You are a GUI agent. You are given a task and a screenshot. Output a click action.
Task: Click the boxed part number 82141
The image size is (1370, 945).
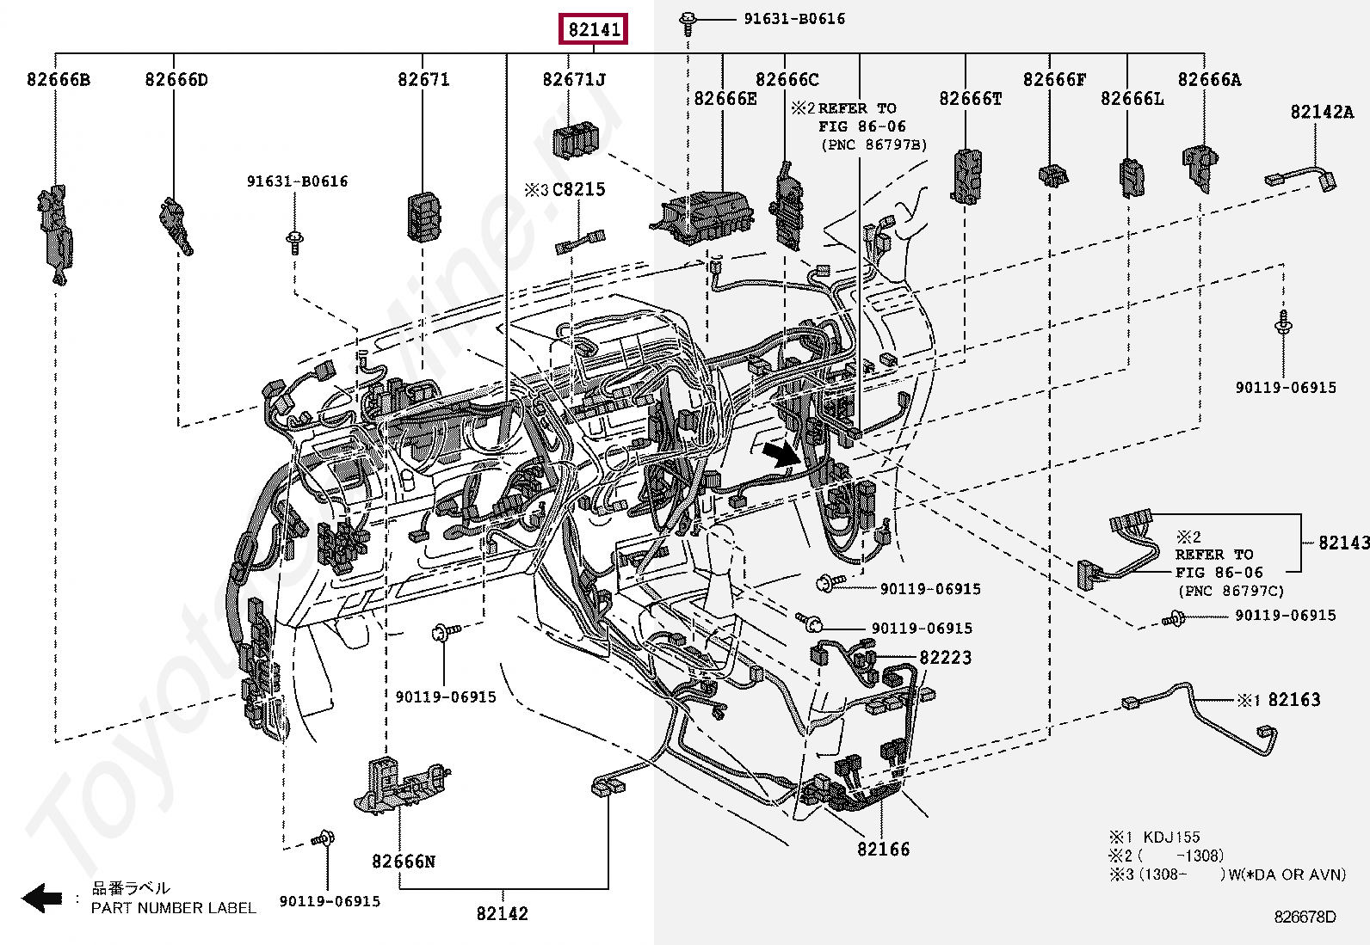(593, 28)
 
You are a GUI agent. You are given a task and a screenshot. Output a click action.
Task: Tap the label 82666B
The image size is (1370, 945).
(59, 79)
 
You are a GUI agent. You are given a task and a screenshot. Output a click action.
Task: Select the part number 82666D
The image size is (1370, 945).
(176, 79)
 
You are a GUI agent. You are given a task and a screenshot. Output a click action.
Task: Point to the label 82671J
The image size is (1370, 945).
(574, 79)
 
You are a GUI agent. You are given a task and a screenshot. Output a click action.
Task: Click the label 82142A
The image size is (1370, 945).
(1322, 112)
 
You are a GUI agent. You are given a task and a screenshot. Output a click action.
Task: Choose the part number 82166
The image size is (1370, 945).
(883, 849)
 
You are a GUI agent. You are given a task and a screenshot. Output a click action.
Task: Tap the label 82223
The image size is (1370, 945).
(946, 657)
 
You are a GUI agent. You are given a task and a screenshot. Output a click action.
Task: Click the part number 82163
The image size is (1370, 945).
(1294, 699)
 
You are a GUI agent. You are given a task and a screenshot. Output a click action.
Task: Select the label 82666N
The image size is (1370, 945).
(404, 862)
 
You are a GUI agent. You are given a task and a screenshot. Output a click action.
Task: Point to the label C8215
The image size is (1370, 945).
(578, 189)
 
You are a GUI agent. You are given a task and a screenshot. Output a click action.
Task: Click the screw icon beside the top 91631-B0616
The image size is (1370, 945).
(688, 24)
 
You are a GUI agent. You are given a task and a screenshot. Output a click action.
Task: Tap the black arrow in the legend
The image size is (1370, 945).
(41, 898)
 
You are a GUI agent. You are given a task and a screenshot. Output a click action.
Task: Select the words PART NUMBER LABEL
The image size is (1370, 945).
(174, 908)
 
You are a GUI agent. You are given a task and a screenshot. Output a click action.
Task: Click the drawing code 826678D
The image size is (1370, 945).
(1305, 917)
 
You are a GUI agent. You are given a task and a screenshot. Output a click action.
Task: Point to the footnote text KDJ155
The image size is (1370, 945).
(1172, 837)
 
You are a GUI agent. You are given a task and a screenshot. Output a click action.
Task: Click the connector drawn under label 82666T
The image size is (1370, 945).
(966, 176)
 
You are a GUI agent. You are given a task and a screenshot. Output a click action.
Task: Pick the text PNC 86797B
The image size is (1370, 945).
(874, 144)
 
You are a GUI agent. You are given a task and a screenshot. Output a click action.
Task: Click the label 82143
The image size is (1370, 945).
(1343, 543)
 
